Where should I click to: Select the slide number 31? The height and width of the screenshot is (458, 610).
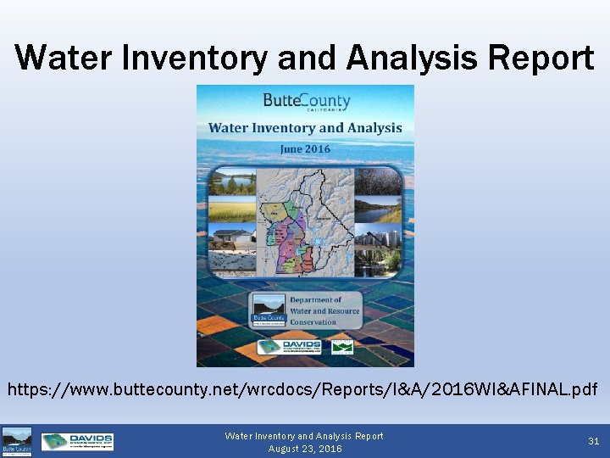click(x=594, y=440)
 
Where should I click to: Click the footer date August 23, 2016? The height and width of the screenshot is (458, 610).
click(x=304, y=449)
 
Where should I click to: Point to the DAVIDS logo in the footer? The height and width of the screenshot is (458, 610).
click(x=77, y=441)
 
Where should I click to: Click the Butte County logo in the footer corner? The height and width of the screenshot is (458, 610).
click(x=17, y=442)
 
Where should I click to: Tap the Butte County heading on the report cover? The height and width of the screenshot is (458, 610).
click(x=306, y=100)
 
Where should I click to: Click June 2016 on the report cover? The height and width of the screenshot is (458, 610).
click(x=305, y=148)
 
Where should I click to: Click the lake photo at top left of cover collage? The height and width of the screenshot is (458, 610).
click(x=232, y=182)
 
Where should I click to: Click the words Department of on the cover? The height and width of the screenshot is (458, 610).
click(x=316, y=300)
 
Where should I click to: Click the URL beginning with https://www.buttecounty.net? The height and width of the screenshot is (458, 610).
click(x=303, y=390)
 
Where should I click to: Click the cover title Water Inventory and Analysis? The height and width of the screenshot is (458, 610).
click(x=305, y=128)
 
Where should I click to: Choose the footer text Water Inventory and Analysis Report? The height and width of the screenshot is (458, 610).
click(x=304, y=436)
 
